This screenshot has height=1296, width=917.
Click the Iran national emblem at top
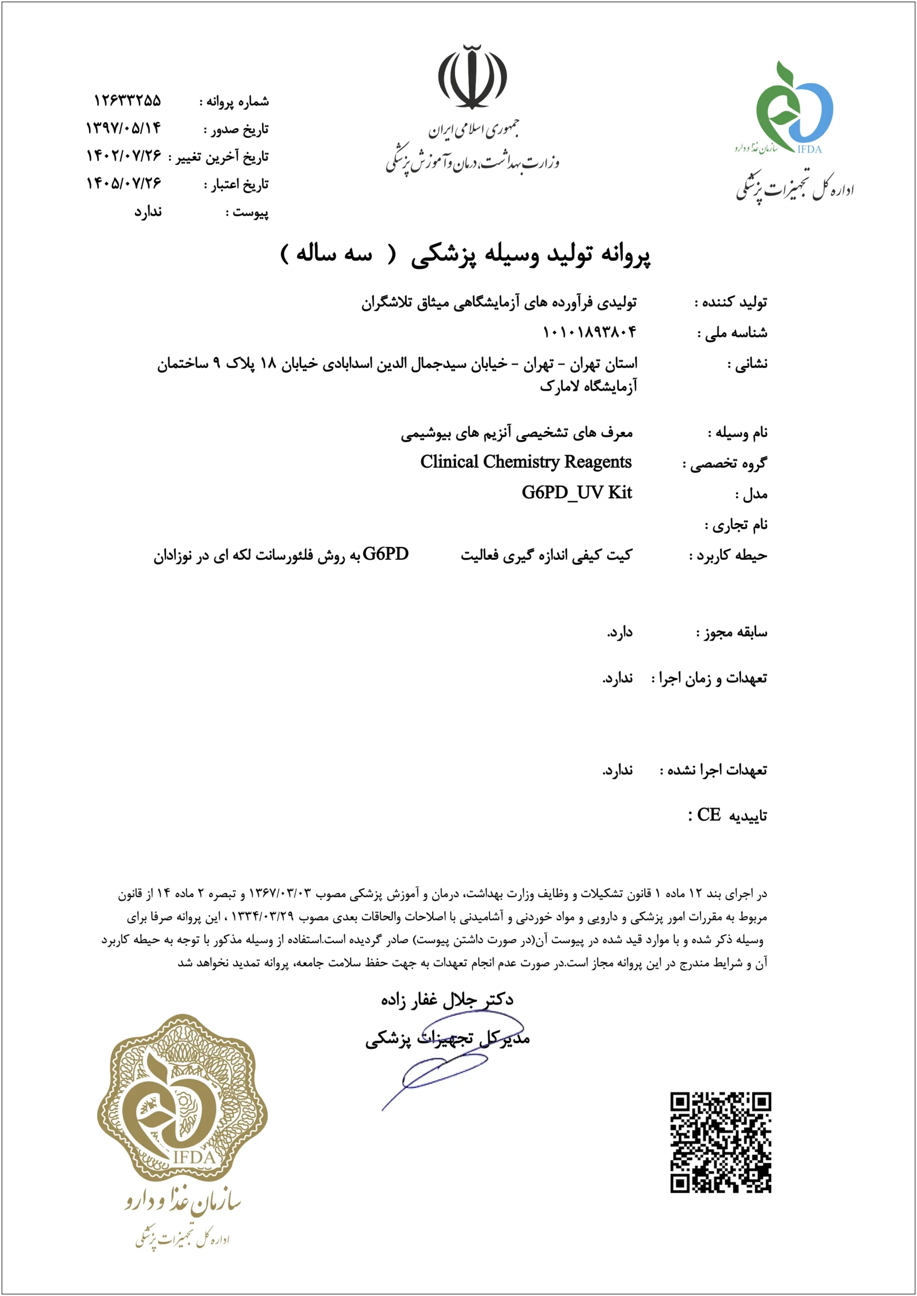click(472, 77)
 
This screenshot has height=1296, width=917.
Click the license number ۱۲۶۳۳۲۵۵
click(127, 101)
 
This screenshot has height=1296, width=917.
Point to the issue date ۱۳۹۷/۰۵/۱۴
click(123, 128)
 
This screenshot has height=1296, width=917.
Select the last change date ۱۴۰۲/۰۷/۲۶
click(123, 155)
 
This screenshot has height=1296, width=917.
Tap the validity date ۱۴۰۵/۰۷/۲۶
click(123, 183)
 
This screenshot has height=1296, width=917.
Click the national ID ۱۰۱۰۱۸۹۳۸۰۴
click(589, 332)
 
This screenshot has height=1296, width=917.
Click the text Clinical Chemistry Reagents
click(526, 462)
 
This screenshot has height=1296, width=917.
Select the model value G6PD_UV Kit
click(576, 493)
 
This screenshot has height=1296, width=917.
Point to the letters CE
click(708, 815)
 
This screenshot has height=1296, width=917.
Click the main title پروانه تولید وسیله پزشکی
click(530, 255)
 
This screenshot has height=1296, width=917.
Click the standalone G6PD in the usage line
click(386, 554)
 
